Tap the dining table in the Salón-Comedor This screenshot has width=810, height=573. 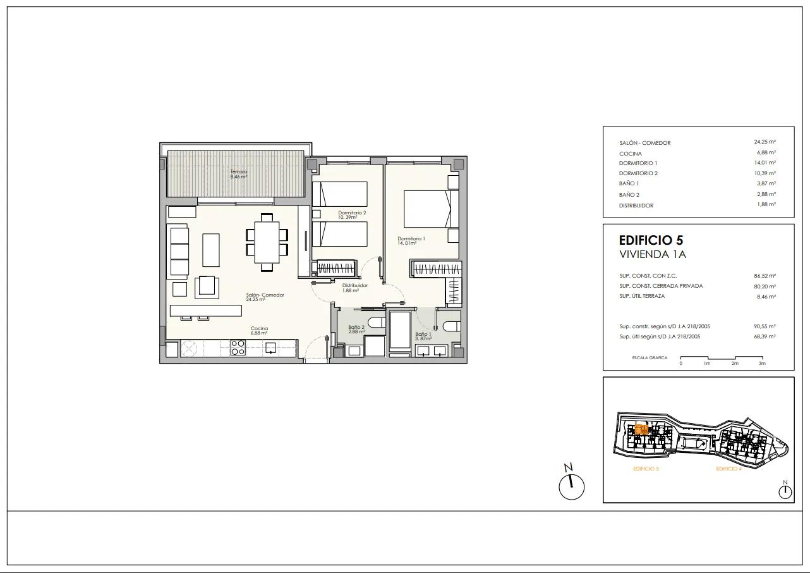pos(267,242)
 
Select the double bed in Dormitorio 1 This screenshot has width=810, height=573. pos(431,209)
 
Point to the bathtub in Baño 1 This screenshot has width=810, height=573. pos(400,331)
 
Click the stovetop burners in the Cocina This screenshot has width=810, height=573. pos(238,347)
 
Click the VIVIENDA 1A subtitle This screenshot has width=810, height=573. pos(652,254)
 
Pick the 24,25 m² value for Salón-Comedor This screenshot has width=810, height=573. pos(765,142)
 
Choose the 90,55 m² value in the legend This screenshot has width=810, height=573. pos(765,326)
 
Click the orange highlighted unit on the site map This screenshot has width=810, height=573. pos(641,429)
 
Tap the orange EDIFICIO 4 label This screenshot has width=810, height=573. pos(728,469)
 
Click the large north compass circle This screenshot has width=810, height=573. pos(571,487)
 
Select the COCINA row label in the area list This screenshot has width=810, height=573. pos(631,154)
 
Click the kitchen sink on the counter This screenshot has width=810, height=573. pos(270,348)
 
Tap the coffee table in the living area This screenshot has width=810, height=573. pos(211,250)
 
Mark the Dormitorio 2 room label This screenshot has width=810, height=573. pos(352,213)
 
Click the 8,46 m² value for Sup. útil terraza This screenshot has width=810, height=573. pos(766,297)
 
